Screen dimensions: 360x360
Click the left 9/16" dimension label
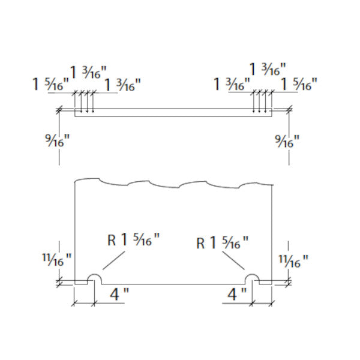click(57, 140)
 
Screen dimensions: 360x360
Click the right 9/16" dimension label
click(287, 141)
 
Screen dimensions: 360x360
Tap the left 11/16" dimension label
click(57, 260)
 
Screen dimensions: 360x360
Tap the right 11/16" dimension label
click(293, 261)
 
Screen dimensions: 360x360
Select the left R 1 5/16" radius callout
click(133, 240)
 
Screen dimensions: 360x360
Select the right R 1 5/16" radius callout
click(222, 243)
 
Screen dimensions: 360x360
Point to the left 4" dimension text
click(119, 294)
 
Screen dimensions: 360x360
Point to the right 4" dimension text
click(237, 295)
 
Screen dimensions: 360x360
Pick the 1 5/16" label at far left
click(51, 84)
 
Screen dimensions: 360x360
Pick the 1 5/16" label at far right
click(299, 84)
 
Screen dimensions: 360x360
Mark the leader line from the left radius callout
click(114, 260)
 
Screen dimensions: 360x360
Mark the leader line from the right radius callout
click(233, 260)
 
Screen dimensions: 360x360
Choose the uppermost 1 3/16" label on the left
click(88, 73)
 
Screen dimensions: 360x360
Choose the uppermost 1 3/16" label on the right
click(268, 69)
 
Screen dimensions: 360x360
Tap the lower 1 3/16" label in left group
click(122, 85)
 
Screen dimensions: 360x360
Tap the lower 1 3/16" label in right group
click(232, 84)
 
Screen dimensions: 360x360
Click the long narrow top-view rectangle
click(173, 113)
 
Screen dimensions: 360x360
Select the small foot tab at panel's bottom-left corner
click(81, 283)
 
